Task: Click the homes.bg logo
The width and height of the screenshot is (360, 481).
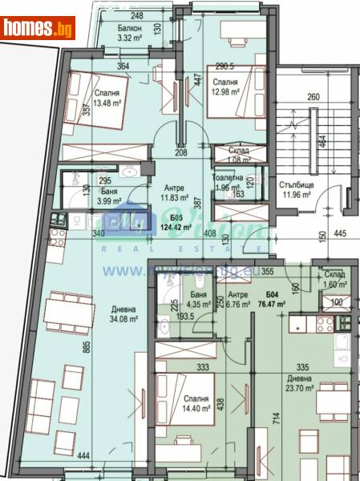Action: click(38, 27)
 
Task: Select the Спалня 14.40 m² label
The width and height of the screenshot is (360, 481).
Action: click(196, 403)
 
